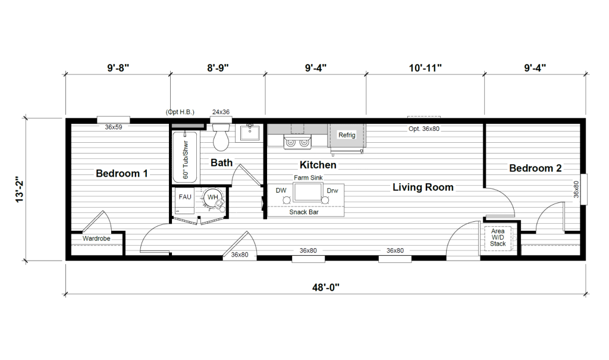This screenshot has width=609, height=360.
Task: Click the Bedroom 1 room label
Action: coord(121,173)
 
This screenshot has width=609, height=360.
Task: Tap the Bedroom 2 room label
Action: coord(535,168)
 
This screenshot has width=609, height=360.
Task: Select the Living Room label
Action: coord(423,187)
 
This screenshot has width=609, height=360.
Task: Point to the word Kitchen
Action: coord(318,165)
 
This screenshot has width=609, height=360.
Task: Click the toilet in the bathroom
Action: coord(221,137)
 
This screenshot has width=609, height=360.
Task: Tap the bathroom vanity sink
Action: coord(249,133)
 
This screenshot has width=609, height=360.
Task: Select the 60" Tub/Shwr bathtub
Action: coord(185,158)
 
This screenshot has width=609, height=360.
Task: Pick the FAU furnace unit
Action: coord(185,200)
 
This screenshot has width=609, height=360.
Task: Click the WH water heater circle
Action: coord(212,198)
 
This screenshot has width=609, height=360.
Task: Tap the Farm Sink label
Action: coord(309,178)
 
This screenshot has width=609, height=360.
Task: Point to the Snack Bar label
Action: coord(304,212)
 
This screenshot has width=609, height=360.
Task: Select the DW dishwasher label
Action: coord(281,190)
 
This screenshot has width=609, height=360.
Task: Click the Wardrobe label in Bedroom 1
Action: coord(96,239)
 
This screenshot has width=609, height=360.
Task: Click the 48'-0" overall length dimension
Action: coord(325,287)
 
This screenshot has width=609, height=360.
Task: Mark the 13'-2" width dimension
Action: coord(20,190)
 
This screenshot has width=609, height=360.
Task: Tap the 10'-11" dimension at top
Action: coord(425,68)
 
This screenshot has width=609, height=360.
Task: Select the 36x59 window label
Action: coord(114,127)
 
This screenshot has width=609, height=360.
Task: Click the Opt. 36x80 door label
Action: coord(423,129)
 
